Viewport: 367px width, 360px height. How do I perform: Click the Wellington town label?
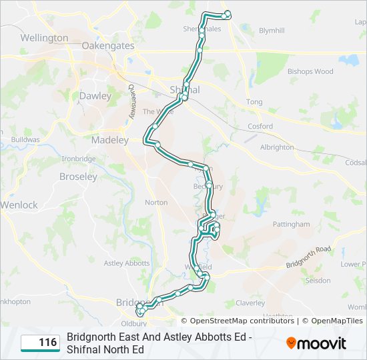coord(44,38)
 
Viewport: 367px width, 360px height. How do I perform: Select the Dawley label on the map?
coord(95,96)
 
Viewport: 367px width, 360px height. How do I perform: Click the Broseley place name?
coord(78,177)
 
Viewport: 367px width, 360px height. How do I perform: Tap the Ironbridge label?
coord(79,159)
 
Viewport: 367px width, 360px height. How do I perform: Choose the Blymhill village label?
coord(271,31)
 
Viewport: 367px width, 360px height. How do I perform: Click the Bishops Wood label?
coord(310,71)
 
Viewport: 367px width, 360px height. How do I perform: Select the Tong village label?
coord(254,102)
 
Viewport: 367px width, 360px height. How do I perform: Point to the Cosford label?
coord(260,126)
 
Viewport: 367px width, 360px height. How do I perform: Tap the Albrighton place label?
coord(277,147)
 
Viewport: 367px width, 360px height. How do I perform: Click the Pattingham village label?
coord(292,225)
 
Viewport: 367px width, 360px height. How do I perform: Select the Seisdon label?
coord(318,281)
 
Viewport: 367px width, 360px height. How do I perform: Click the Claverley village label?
coord(250,302)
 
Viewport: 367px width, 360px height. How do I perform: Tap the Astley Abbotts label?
coord(127,263)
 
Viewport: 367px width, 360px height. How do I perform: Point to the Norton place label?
coord(156,203)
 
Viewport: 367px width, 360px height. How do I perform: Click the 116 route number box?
coord(40,343)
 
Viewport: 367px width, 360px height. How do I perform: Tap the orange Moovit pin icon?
coord(291,343)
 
